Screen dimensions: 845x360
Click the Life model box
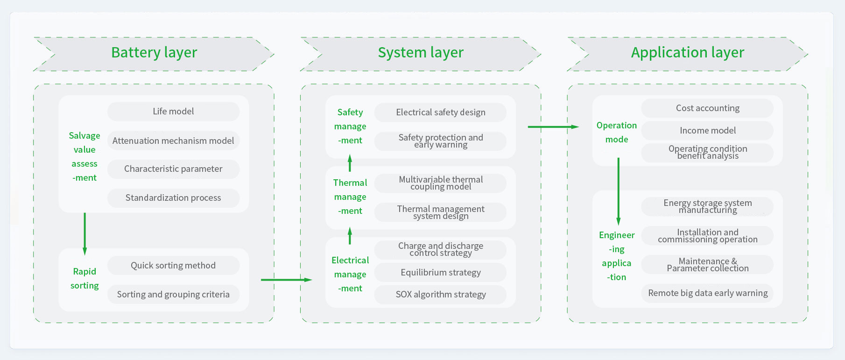tap(173, 112)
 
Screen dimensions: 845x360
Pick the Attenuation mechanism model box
tap(173, 141)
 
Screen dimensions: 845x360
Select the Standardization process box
tap(173, 198)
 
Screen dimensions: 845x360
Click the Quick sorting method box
tap(173, 266)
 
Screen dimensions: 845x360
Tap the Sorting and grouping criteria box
tap(173, 295)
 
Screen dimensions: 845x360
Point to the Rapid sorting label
tap(84, 279)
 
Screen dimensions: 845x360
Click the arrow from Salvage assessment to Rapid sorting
tap(84, 233)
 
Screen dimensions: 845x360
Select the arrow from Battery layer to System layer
tap(286, 280)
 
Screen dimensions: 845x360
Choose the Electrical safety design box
tap(440, 113)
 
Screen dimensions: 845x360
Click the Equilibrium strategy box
tap(440, 273)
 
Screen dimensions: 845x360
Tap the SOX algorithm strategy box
tap(440, 295)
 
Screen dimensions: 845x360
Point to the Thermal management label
tap(350, 197)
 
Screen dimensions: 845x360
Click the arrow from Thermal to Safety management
tap(350, 164)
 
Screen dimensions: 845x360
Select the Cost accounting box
tap(707, 108)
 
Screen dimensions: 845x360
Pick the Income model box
tap(707, 131)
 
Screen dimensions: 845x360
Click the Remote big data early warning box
tap(707, 293)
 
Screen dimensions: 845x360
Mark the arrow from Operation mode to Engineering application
tap(619, 191)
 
